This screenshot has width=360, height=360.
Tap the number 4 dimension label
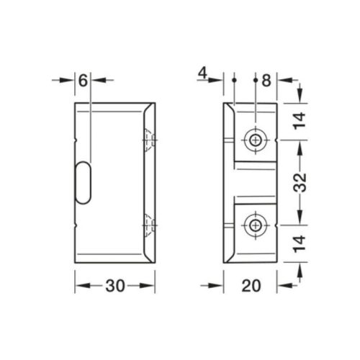[204, 73]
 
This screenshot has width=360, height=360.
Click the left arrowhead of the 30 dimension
[79, 285]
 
